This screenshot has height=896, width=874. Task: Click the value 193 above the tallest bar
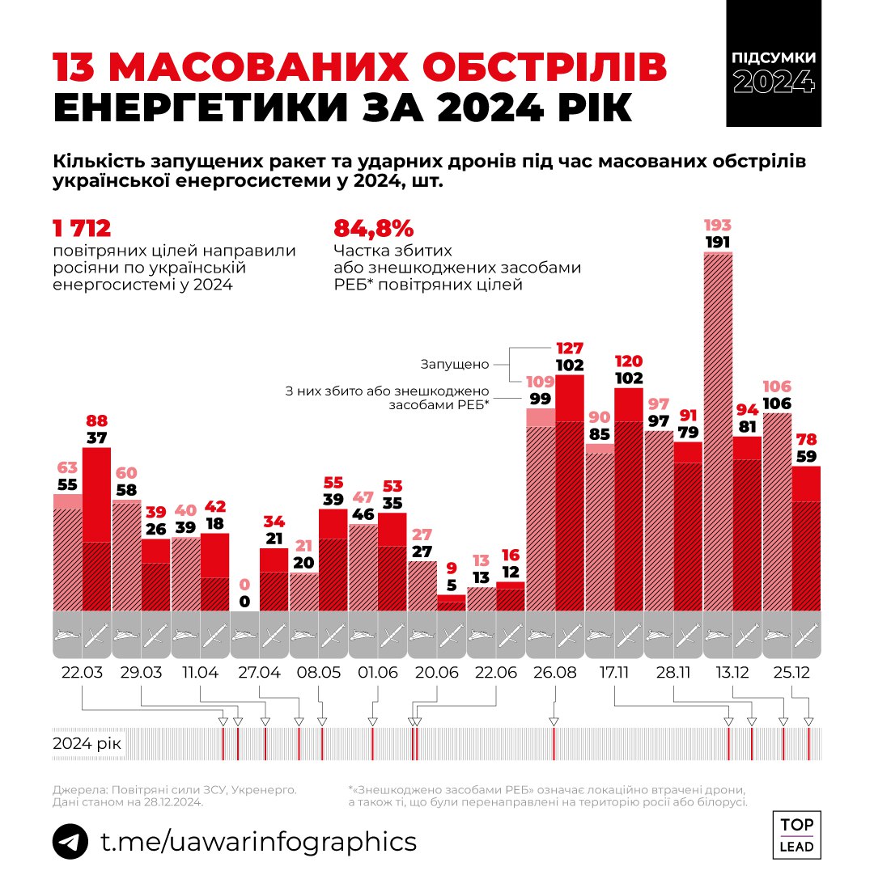pyautogui.click(x=718, y=224)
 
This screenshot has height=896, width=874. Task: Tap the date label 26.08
pyautogui.click(x=555, y=673)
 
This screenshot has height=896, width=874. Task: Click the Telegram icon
pyautogui.click(x=70, y=841)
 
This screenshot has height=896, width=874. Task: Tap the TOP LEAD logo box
pyautogui.click(x=797, y=835)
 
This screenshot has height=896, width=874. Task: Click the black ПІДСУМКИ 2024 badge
pyautogui.click(x=774, y=73)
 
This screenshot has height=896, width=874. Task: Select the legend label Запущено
pyautogui.click(x=453, y=364)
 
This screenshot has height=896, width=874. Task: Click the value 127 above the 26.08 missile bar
pyautogui.click(x=570, y=349)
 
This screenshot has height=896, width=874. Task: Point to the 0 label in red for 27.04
pyautogui.click(x=244, y=585)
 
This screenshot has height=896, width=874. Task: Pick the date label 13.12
pyautogui.click(x=732, y=673)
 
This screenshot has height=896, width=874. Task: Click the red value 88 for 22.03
pyautogui.click(x=96, y=421)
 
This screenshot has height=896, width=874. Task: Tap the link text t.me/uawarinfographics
pyautogui.click(x=258, y=841)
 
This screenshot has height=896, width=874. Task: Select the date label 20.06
pyautogui.click(x=437, y=673)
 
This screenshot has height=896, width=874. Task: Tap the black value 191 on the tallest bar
pyautogui.click(x=718, y=241)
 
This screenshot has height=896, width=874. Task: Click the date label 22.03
pyautogui.click(x=82, y=673)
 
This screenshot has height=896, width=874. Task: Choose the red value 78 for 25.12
pyautogui.click(x=806, y=440)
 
